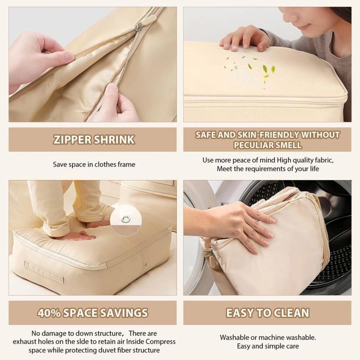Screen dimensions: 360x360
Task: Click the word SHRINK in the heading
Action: point(116,139)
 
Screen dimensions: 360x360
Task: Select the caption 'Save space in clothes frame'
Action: point(94,165)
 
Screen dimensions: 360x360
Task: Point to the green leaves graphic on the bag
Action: point(252,67)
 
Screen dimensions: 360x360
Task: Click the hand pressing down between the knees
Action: point(81,235)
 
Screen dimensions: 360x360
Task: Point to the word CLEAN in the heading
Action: point(287,313)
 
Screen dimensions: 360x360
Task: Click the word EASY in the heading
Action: point(243,313)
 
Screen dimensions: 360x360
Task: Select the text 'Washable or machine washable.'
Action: point(268,337)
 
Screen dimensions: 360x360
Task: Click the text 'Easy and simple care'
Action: point(268,346)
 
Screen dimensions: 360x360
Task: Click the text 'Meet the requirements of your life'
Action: point(268,169)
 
